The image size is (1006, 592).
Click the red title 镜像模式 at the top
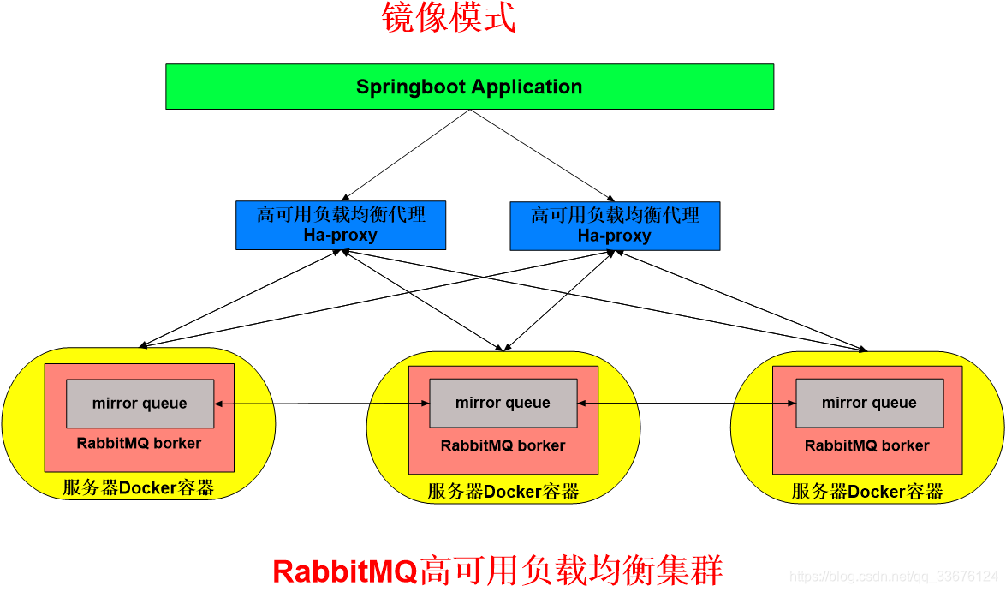[449, 18]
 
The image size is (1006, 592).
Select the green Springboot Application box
[469, 87]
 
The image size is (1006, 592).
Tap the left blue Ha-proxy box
[341, 225]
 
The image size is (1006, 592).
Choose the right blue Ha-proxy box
[615, 225]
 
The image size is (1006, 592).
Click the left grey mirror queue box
[140, 404]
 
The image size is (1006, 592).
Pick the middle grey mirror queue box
[503, 404]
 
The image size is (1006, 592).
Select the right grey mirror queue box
[869, 404]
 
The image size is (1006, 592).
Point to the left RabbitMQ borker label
[139, 444]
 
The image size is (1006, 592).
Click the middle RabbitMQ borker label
[503, 445]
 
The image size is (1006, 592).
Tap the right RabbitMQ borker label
[866, 445]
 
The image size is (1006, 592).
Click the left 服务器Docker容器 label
[138, 489]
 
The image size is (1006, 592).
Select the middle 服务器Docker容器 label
[503, 492]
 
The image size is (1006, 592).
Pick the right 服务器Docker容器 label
[866, 492]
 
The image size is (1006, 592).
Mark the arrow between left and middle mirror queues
[321, 404]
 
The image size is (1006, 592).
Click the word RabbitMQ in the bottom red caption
[344, 571]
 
